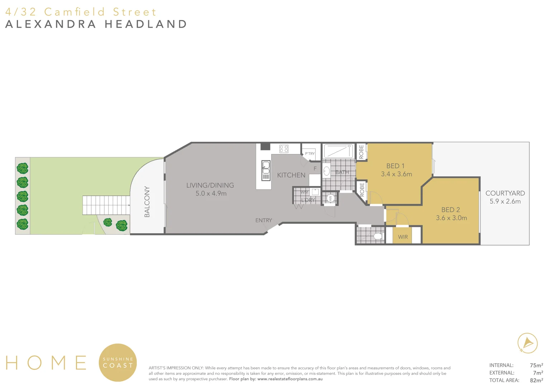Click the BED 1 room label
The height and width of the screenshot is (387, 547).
[395, 166]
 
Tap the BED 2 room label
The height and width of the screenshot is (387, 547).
[451, 210]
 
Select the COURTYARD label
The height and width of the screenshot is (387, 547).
[505, 193]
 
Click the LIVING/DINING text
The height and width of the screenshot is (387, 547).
[210, 185]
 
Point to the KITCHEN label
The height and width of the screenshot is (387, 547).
[291, 175]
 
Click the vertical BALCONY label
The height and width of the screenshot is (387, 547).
[147, 202]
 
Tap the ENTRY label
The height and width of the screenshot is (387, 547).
[264, 220]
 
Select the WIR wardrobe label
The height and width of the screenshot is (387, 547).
[403, 237]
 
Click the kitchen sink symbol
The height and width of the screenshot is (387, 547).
[266, 171]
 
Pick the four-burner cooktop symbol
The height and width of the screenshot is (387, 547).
[284, 149]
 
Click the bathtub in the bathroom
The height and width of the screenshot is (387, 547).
[339, 151]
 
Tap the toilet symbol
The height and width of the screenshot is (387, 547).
[378, 236]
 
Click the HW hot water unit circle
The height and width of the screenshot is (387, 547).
[330, 198]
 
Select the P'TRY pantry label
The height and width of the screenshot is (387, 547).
[310, 154]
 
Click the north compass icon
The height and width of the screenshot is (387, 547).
[527, 343]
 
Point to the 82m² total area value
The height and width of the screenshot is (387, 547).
[536, 380]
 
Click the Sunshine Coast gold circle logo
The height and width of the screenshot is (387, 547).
[118, 363]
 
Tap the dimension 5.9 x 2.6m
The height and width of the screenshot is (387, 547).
[505, 201]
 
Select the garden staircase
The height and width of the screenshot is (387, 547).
[106, 205]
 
